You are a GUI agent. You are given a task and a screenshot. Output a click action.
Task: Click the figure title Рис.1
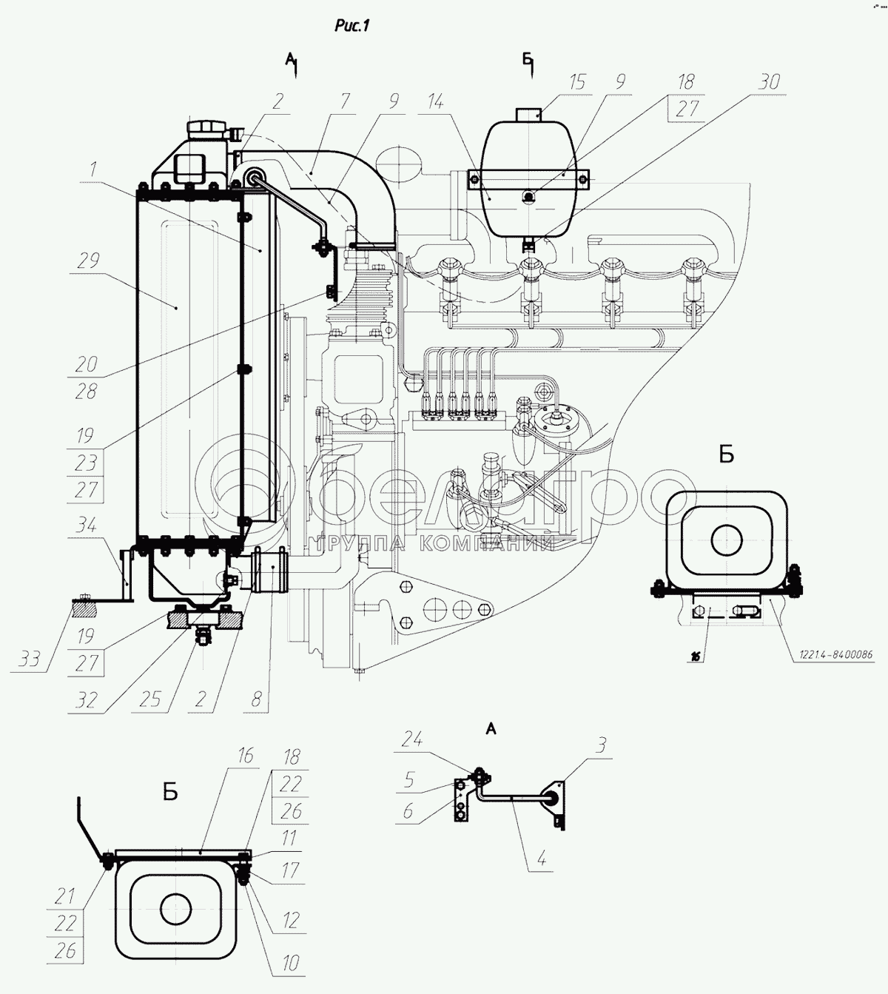pos(351,26)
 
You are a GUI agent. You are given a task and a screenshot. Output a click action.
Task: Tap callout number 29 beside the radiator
pos(88,261)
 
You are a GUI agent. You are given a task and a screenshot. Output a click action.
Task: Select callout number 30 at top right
pos(769,81)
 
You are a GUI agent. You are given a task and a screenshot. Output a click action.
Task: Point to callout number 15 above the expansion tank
pos(576,81)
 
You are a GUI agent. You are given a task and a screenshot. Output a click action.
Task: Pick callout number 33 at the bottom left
pos(30,659)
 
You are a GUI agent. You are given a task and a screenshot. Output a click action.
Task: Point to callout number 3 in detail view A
pos(602,745)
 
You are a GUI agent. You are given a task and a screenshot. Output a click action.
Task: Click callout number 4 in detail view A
pos(542,861)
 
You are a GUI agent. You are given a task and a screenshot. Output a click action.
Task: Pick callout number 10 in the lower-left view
pos(291,963)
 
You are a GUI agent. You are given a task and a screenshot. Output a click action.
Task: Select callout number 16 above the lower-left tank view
pos(245,756)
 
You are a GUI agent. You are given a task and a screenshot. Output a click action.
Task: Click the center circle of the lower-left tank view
pos(175,908)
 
